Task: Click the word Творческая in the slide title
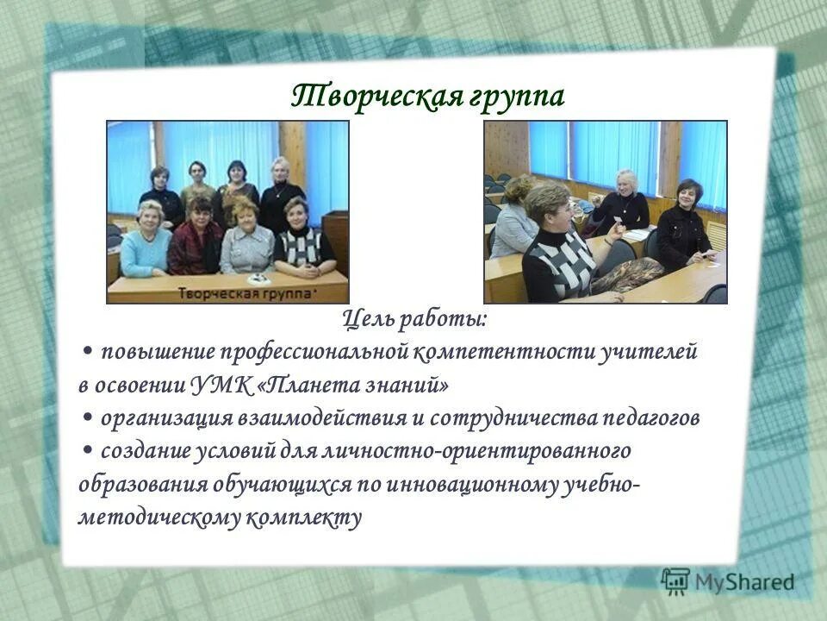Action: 374,96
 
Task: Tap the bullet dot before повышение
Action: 90,354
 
